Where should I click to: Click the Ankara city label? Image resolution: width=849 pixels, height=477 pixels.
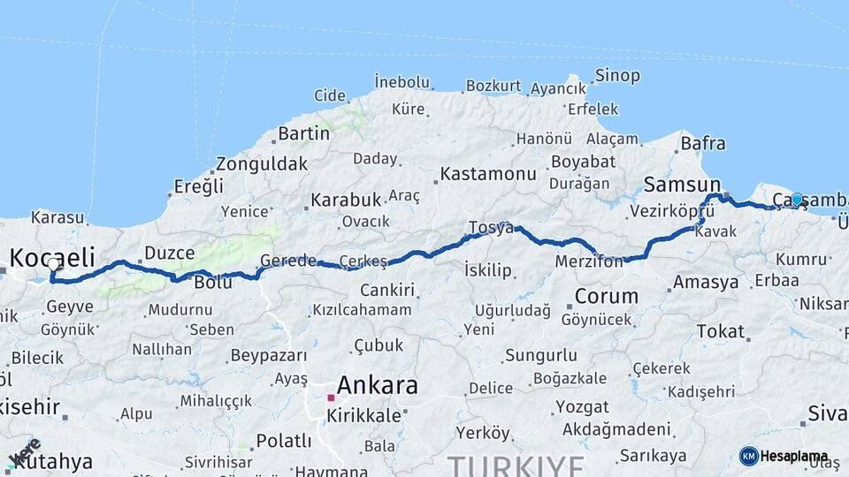tap(378, 385)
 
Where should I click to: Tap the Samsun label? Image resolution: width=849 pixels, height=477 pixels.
tap(682, 185)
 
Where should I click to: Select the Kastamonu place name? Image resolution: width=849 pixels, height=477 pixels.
tap(488, 173)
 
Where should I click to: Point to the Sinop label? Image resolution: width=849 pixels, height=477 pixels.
tap(617, 75)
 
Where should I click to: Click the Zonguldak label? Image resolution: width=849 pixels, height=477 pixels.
tap(262, 163)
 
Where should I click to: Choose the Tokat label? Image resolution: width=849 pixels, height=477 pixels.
tap(720, 331)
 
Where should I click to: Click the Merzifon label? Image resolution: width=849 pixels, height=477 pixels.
tap(590, 262)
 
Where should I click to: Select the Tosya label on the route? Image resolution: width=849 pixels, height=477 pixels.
tap(491, 228)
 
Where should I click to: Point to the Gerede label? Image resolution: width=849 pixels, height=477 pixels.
tap(287, 261)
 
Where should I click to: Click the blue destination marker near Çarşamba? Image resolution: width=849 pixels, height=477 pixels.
tap(797, 200)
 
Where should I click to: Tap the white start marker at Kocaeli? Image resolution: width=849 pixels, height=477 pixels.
tap(54, 263)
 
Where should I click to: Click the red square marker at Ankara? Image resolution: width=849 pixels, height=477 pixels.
tap(331, 398)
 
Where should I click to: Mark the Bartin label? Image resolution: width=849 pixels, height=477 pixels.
tap(303, 133)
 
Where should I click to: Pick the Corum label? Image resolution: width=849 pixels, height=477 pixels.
tap(606, 296)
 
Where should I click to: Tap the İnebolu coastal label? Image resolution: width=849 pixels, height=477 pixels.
tap(402, 82)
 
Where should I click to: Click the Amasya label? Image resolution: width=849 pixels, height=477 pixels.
tap(705, 283)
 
